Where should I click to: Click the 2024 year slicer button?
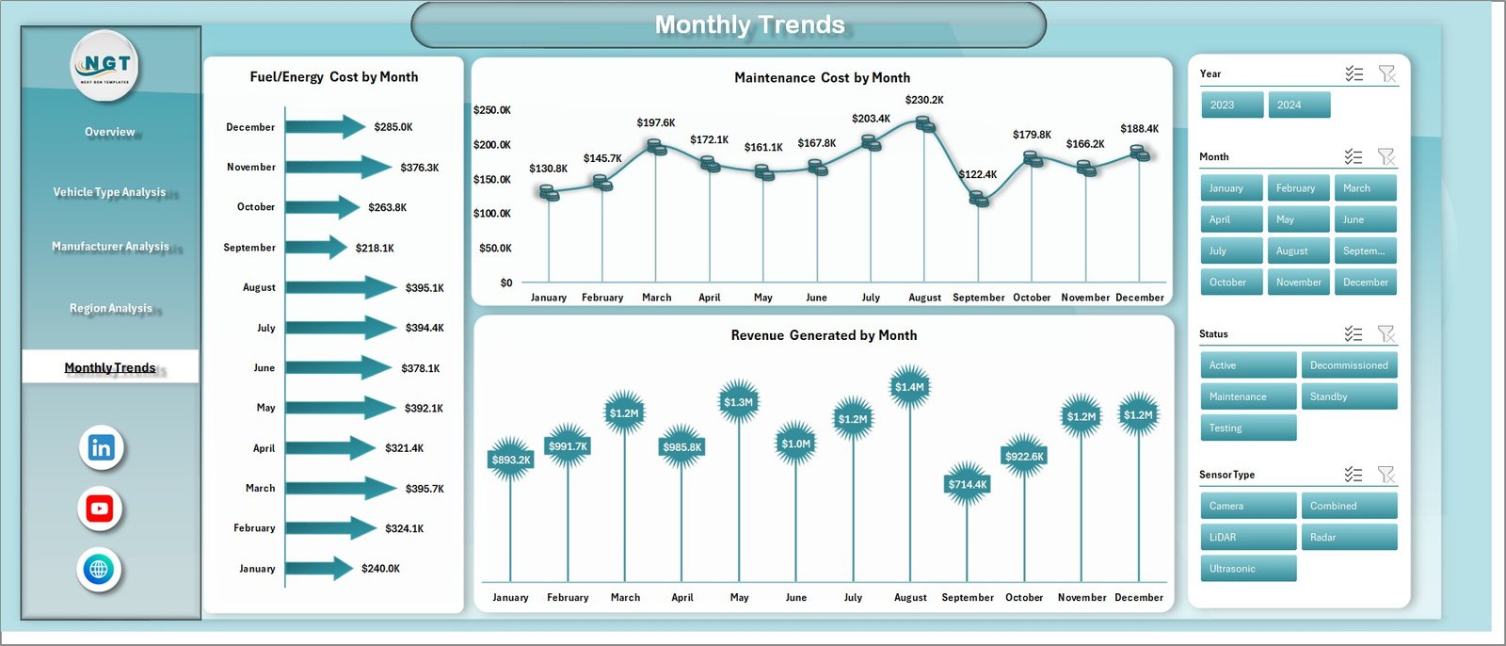click(x=1299, y=105)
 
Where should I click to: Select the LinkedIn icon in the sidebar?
click(x=101, y=448)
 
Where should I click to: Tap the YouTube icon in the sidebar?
click(x=100, y=509)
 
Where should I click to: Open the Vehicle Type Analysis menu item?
click(x=109, y=192)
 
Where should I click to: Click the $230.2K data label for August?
click(x=924, y=100)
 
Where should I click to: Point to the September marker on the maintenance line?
click(x=979, y=200)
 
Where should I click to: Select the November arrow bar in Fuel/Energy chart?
click(x=337, y=168)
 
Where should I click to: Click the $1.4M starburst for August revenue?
click(x=909, y=387)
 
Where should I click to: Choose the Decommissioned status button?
click(x=1349, y=365)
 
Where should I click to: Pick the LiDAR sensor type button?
click(x=1248, y=538)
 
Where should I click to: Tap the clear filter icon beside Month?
click(x=1386, y=156)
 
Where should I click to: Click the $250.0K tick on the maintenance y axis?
click(x=492, y=110)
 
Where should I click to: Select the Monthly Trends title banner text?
click(x=749, y=24)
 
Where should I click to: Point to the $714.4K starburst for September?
click(x=967, y=484)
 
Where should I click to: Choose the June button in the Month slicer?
click(x=1365, y=219)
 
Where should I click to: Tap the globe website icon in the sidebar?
click(x=99, y=570)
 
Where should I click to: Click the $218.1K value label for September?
click(x=375, y=248)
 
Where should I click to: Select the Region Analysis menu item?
click(x=110, y=308)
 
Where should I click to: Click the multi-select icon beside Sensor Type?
click(x=1354, y=475)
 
